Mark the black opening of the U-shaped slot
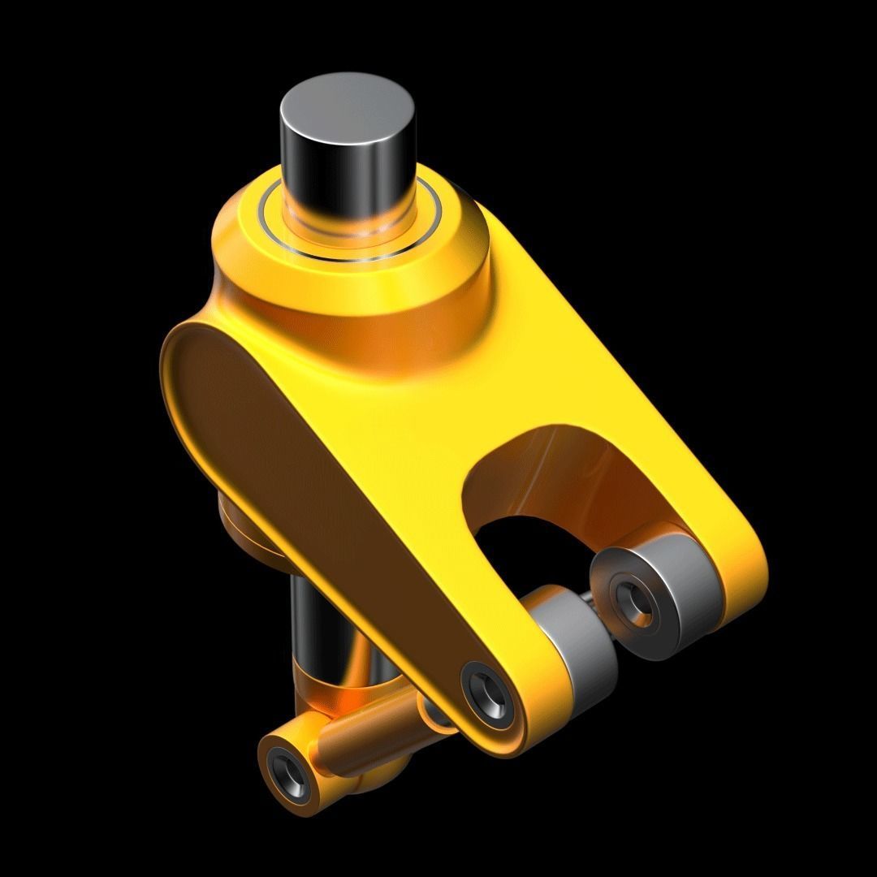pyautogui.click(x=528, y=544)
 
